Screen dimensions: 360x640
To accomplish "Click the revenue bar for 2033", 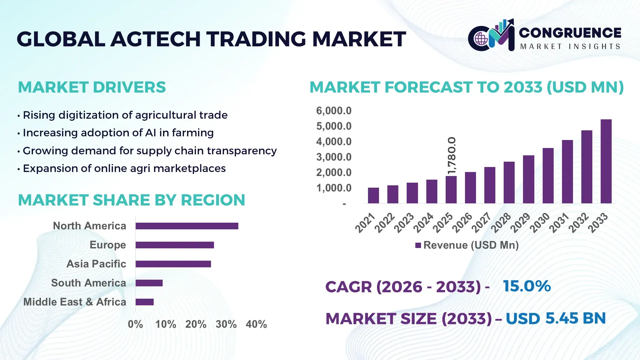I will pyautogui.click(x=606, y=161).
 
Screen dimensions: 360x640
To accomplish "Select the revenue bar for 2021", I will pyautogui.click(x=373, y=196).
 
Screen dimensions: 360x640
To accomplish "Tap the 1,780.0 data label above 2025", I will pyautogui.click(x=452, y=155).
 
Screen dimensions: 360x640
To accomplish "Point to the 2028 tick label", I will pyautogui.click(x=501, y=222).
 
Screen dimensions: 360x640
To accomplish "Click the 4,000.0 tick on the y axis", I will pyautogui.click(x=334, y=142).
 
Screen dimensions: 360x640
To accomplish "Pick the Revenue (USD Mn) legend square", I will pyautogui.click(x=418, y=245).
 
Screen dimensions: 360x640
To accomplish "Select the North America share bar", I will pyautogui.click(x=187, y=226).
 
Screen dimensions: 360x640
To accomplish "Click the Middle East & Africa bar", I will pyautogui.click(x=144, y=302).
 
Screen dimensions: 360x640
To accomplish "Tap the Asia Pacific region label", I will pyautogui.click(x=96, y=264).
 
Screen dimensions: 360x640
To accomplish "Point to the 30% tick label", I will pyautogui.click(x=226, y=324).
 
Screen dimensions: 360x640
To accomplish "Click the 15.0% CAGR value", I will pyautogui.click(x=527, y=286).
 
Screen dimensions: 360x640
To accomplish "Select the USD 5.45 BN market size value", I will pyautogui.click(x=556, y=318).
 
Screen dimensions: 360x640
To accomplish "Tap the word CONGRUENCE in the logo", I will pyautogui.click(x=570, y=33).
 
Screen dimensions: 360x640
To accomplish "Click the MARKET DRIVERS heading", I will pyautogui.click(x=92, y=87).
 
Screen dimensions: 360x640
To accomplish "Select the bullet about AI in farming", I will pyautogui.click(x=118, y=133).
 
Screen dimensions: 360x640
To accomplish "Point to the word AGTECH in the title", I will pyautogui.click(x=155, y=39).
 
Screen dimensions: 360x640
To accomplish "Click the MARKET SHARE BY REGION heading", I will pyautogui.click(x=131, y=200).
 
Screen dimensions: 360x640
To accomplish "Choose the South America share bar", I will pyautogui.click(x=149, y=283).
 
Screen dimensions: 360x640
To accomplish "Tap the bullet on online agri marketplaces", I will pyautogui.click(x=124, y=168).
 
